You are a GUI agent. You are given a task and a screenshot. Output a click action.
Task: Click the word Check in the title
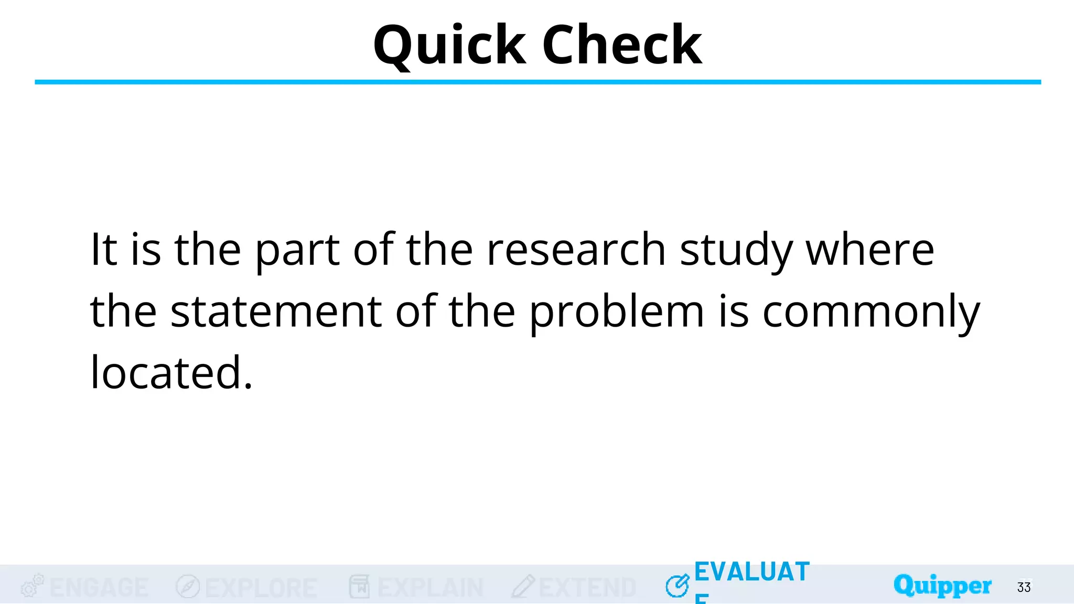[x=622, y=46]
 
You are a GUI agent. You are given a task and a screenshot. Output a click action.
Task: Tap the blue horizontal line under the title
[x=538, y=82]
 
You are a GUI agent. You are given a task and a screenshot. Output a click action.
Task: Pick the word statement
[x=276, y=311]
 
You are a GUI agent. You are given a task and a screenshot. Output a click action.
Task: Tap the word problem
[x=617, y=312]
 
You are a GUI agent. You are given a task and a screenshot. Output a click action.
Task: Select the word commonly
[x=871, y=312]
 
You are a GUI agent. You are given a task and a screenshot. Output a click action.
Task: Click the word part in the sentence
[x=297, y=251]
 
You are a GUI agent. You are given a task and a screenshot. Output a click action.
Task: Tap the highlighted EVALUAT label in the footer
[x=752, y=572]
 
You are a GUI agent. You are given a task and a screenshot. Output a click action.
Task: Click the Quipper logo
[x=942, y=585]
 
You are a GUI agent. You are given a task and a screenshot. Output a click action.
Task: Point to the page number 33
[x=1024, y=587]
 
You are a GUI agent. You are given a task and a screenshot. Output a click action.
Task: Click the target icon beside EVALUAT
[x=678, y=586]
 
